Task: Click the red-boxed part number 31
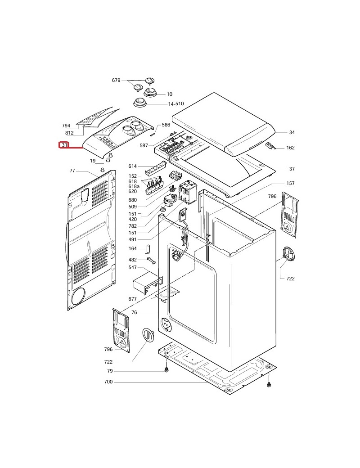[x=64, y=145]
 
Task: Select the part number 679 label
[x=116, y=81]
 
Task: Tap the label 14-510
[x=176, y=104]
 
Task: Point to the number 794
[x=66, y=126]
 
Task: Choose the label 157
[x=291, y=184]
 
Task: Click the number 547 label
[x=132, y=268]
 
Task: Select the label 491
[x=132, y=239]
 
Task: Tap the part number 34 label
[x=292, y=132]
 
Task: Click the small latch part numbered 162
[x=271, y=146]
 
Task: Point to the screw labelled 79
[x=166, y=370]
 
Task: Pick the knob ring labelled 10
[x=151, y=93]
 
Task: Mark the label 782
[x=132, y=226]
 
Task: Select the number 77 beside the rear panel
[x=72, y=171]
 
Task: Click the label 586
[x=166, y=125]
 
